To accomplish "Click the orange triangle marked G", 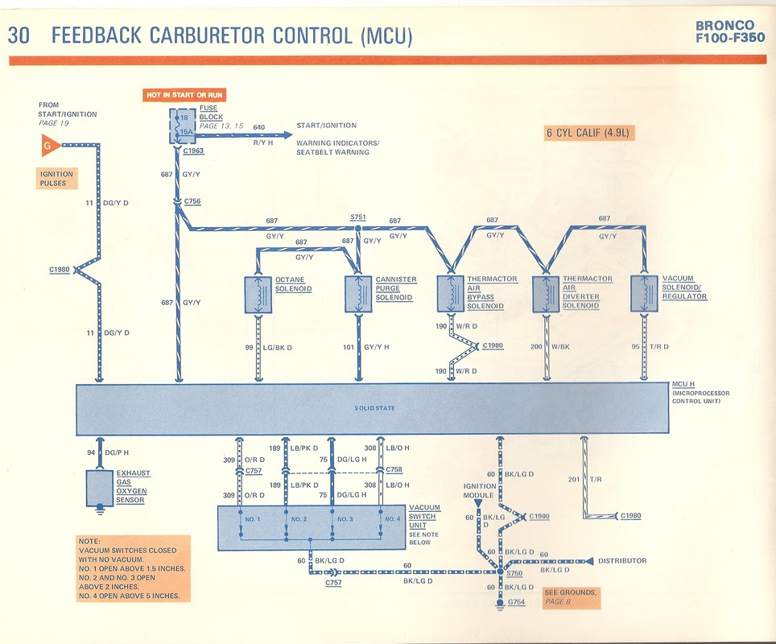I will point(49,146).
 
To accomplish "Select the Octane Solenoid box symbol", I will point(258,295).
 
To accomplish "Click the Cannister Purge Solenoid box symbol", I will point(358,295).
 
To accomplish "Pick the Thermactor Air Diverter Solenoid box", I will point(547,294).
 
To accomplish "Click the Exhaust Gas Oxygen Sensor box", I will point(100,488).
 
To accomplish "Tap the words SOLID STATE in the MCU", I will point(374,409).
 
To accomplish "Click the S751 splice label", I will point(357,217).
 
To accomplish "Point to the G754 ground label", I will point(517,603).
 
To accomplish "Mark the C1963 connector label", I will point(193,151).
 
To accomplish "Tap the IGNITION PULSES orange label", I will point(56,179).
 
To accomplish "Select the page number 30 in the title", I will point(20,35).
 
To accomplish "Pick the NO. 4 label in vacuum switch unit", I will point(391,518).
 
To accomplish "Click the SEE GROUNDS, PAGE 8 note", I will point(570,597).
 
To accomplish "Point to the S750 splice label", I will point(515,573).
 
